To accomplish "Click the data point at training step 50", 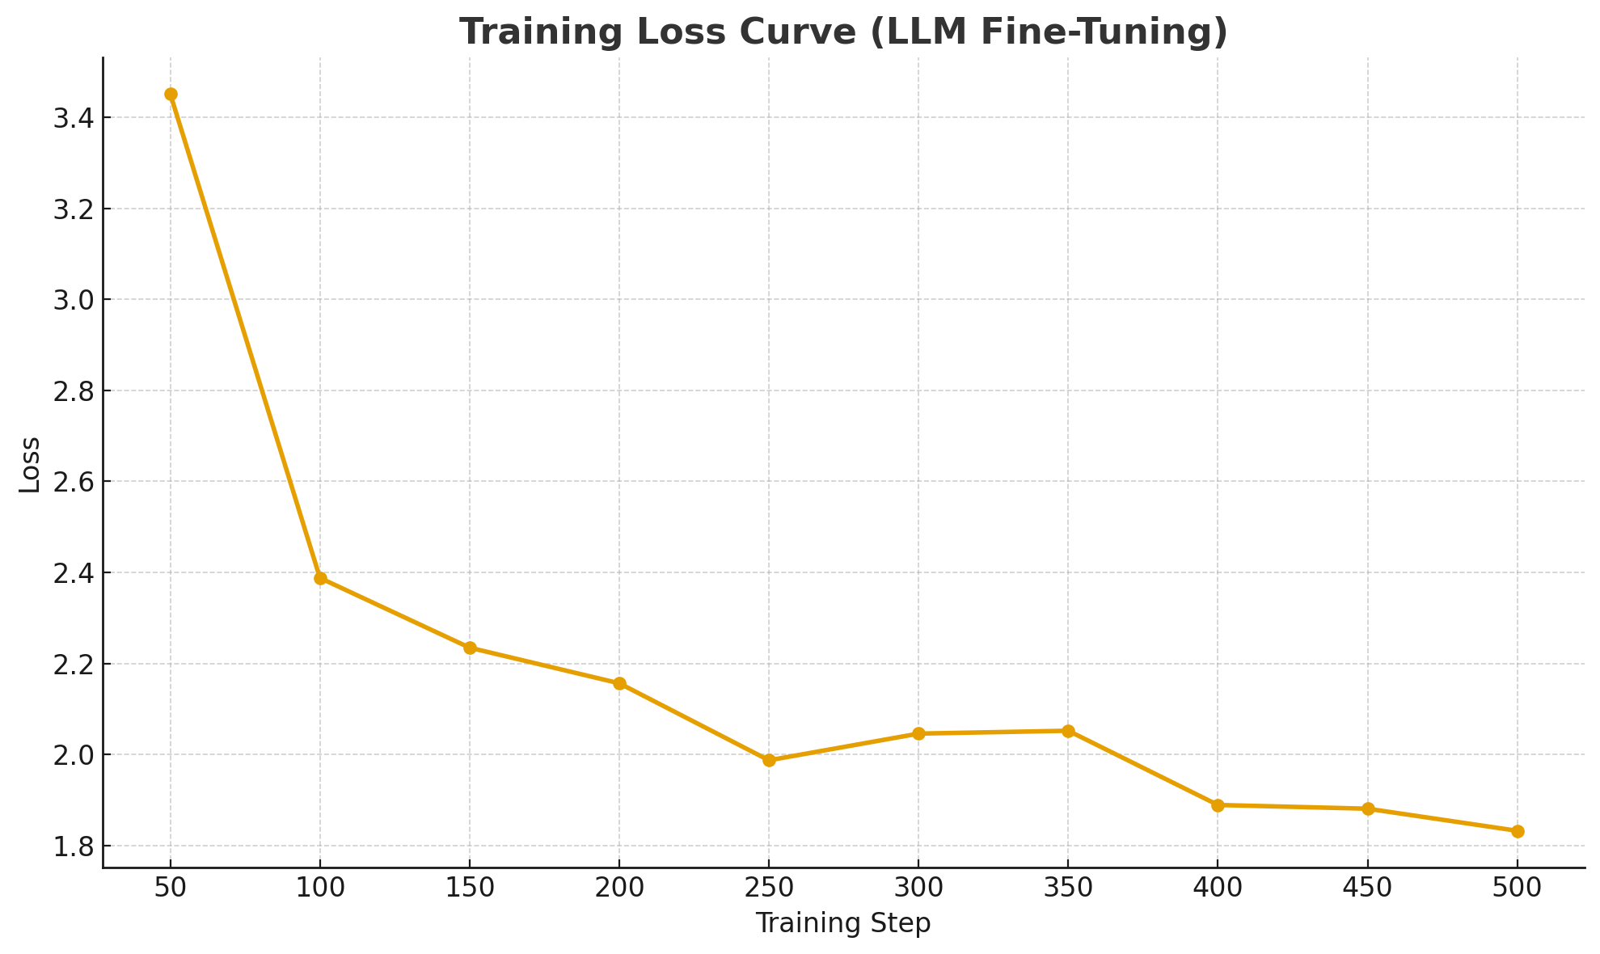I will [x=171, y=95].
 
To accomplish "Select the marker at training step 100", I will [x=320, y=579].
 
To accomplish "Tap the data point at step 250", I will [x=769, y=760].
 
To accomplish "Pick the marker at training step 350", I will [x=1068, y=731].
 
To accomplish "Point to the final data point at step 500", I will [x=1518, y=831].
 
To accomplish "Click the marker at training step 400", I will [x=1218, y=805].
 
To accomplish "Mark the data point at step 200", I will [x=619, y=683].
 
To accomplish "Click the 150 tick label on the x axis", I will [x=470, y=888].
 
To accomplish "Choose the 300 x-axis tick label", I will [x=918, y=888].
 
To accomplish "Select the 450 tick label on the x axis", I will [x=1367, y=888].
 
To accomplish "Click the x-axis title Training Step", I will [x=843, y=923].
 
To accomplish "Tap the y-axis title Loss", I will [x=30, y=464].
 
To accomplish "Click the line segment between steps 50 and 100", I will [x=245, y=336].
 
